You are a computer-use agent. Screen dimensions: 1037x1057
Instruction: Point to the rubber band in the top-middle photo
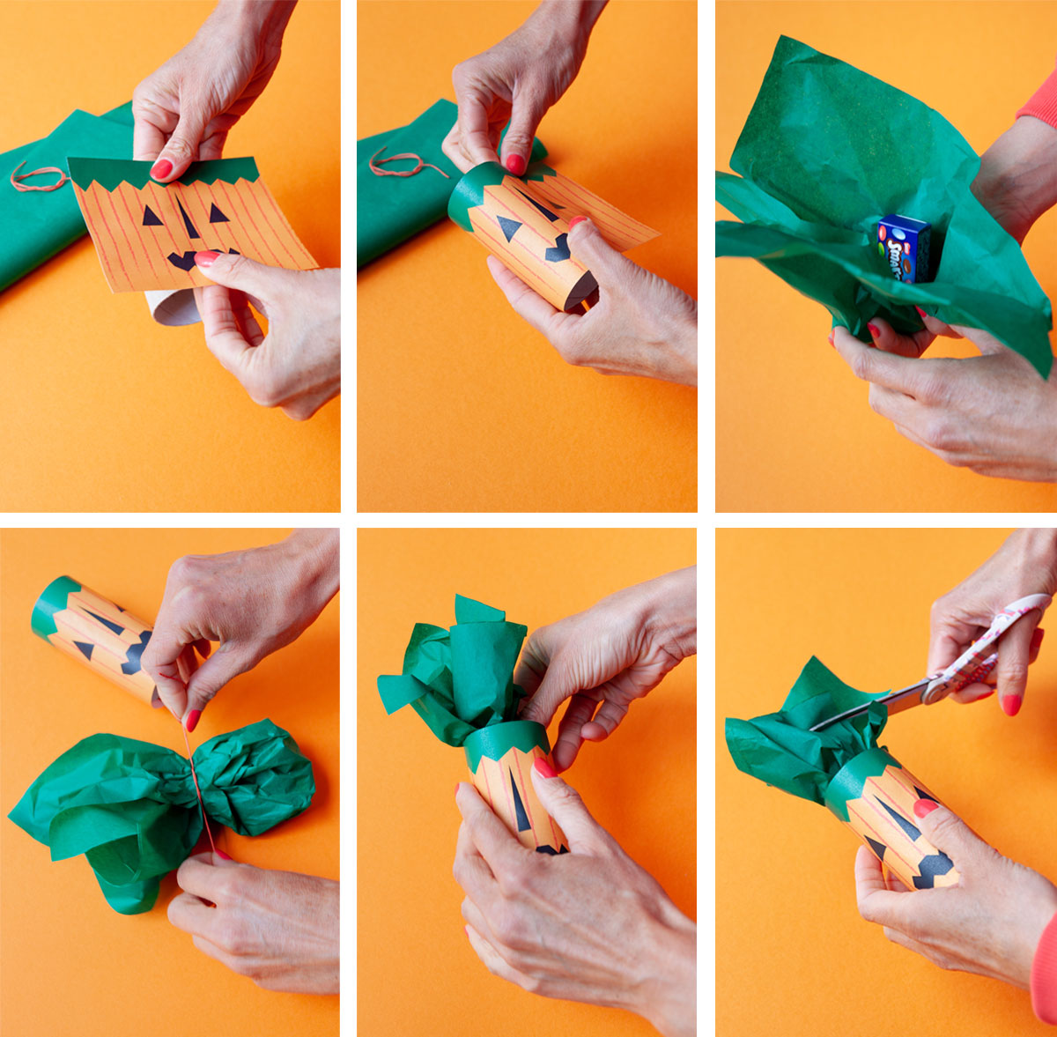[x=406, y=162]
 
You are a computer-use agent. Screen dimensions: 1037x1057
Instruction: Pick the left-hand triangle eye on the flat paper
[x=152, y=216]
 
